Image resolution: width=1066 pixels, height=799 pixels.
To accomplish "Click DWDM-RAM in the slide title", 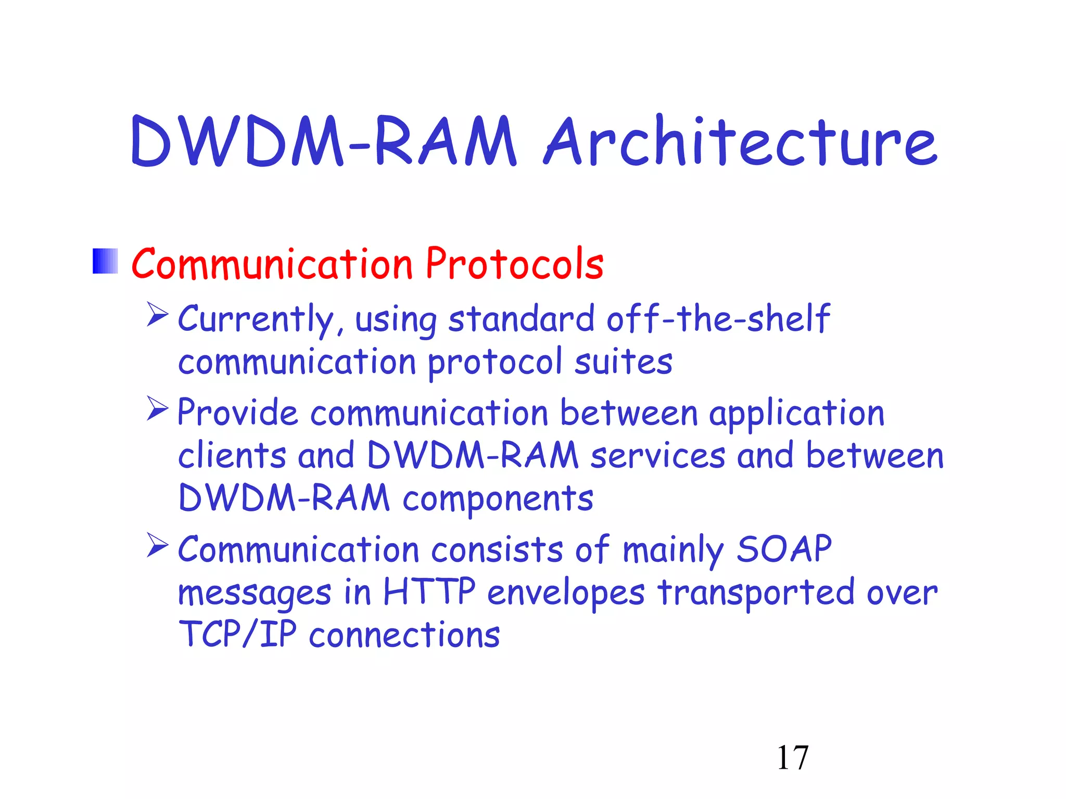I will coord(323,141).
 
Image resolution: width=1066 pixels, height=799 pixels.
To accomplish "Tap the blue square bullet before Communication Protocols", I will coord(105,261).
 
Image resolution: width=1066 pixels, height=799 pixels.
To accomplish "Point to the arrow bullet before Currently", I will coord(157,314).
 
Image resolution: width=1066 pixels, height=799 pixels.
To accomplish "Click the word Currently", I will coord(255,319).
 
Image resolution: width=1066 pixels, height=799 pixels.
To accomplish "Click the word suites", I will coord(623,362).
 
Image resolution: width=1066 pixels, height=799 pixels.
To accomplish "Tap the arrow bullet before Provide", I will coord(157,408).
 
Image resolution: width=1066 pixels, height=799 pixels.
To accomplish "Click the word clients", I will coord(232,456).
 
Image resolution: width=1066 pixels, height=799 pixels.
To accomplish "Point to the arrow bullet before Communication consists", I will coord(157,545).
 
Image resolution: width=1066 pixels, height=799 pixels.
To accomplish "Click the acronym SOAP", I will coord(784,549).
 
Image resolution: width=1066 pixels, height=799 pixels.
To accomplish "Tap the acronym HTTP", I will coord(429,591).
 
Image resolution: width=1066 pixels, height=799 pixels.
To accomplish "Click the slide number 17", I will coord(792,758).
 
